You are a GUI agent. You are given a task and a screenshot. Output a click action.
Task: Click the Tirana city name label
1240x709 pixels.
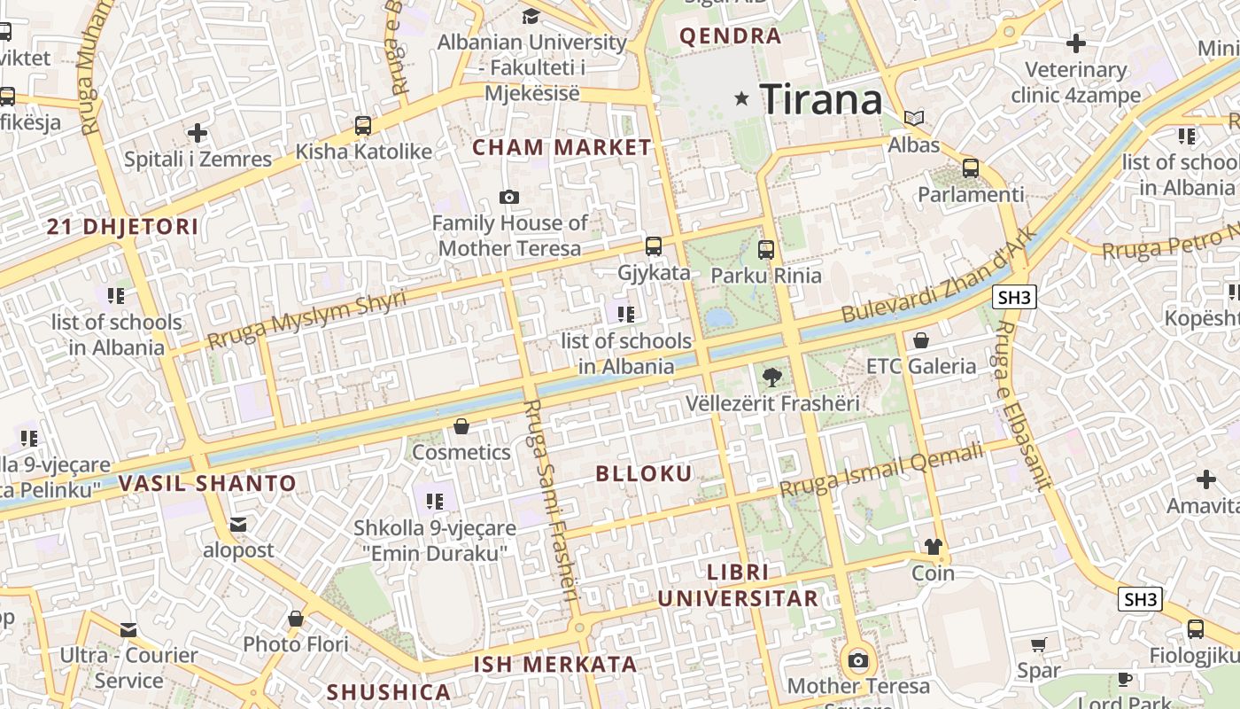click(821, 99)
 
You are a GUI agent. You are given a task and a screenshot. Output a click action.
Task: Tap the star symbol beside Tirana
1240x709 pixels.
click(742, 98)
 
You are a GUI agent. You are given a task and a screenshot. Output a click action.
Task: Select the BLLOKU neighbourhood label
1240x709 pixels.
click(644, 473)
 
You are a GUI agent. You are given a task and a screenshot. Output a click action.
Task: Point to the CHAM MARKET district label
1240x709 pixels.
click(562, 148)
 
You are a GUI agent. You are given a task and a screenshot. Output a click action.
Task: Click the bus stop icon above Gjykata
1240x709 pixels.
click(654, 246)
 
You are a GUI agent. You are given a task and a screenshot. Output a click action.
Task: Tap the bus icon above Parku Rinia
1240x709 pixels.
click(766, 250)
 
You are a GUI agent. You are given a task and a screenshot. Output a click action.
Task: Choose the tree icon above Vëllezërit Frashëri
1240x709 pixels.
click(772, 378)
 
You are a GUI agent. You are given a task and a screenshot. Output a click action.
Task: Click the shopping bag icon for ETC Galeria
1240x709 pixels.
click(921, 340)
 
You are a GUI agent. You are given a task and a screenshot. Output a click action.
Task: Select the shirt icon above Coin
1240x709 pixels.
click(933, 547)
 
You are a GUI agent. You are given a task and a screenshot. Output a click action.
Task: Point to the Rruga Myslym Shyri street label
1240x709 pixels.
click(306, 319)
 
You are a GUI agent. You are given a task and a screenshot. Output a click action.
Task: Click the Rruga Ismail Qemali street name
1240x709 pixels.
click(881, 471)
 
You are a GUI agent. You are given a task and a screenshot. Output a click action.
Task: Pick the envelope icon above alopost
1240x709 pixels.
click(238, 525)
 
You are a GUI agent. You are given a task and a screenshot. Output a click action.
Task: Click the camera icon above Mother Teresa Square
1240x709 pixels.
click(857, 660)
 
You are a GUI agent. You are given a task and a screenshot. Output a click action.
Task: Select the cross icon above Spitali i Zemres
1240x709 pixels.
click(198, 133)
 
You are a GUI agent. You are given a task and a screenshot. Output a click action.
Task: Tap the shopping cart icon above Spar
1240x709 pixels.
click(1039, 644)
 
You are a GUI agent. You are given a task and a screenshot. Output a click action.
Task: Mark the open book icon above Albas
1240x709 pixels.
click(914, 118)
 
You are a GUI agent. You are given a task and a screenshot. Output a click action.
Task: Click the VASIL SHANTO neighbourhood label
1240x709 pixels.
click(207, 484)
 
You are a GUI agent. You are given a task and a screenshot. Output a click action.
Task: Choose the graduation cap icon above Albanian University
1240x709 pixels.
click(531, 16)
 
